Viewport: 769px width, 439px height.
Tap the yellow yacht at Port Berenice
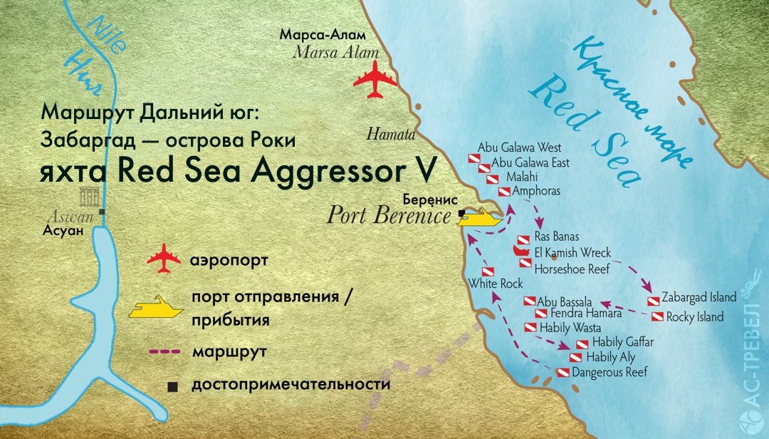(x=481, y=217)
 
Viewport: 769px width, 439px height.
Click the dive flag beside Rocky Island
(x=657, y=317)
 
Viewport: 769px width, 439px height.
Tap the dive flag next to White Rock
(x=488, y=272)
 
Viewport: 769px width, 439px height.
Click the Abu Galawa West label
(x=519, y=148)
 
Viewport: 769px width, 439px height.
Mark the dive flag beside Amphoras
(x=503, y=192)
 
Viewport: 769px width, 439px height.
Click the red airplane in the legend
(x=164, y=258)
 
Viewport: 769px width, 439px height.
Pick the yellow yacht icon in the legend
(x=155, y=307)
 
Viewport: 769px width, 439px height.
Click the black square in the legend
(x=172, y=387)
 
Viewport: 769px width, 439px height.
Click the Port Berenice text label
(x=389, y=216)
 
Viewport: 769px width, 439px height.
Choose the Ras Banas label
(x=556, y=237)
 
